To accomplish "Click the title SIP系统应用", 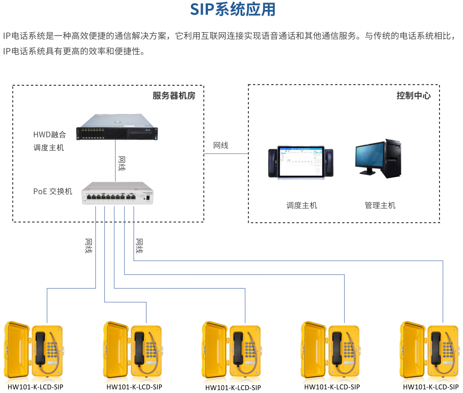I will point(233,9).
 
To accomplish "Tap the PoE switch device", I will point(117,193).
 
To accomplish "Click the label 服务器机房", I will point(174,96).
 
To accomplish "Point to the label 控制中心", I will point(413,96).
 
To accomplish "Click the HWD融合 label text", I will point(50,135).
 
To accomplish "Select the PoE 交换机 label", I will point(53,191).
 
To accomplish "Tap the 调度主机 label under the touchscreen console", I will point(301,205).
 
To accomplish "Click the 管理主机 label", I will point(380,205).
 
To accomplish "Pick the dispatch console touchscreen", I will point(301,162).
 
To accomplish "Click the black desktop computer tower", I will point(393,158).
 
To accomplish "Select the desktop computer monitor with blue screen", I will point(369,157).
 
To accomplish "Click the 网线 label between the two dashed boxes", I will point(221,145).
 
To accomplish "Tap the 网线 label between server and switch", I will point(122,163).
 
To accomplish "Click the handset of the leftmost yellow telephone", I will point(41,348).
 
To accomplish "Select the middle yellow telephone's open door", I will point(215,349).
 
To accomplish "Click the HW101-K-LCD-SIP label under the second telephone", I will point(134,387).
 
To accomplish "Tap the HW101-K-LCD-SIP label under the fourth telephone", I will point(332,387).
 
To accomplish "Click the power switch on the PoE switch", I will point(147,198).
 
